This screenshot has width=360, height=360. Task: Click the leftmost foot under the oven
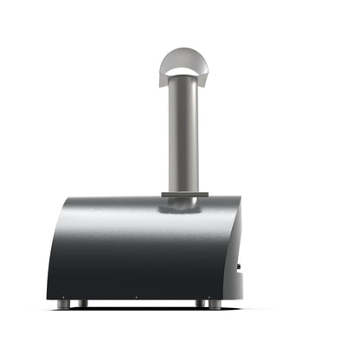point(63,304)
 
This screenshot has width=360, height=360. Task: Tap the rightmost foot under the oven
point(215,304)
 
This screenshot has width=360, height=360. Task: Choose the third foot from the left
point(200,304)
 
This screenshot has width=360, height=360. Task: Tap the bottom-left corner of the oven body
point(48,296)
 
